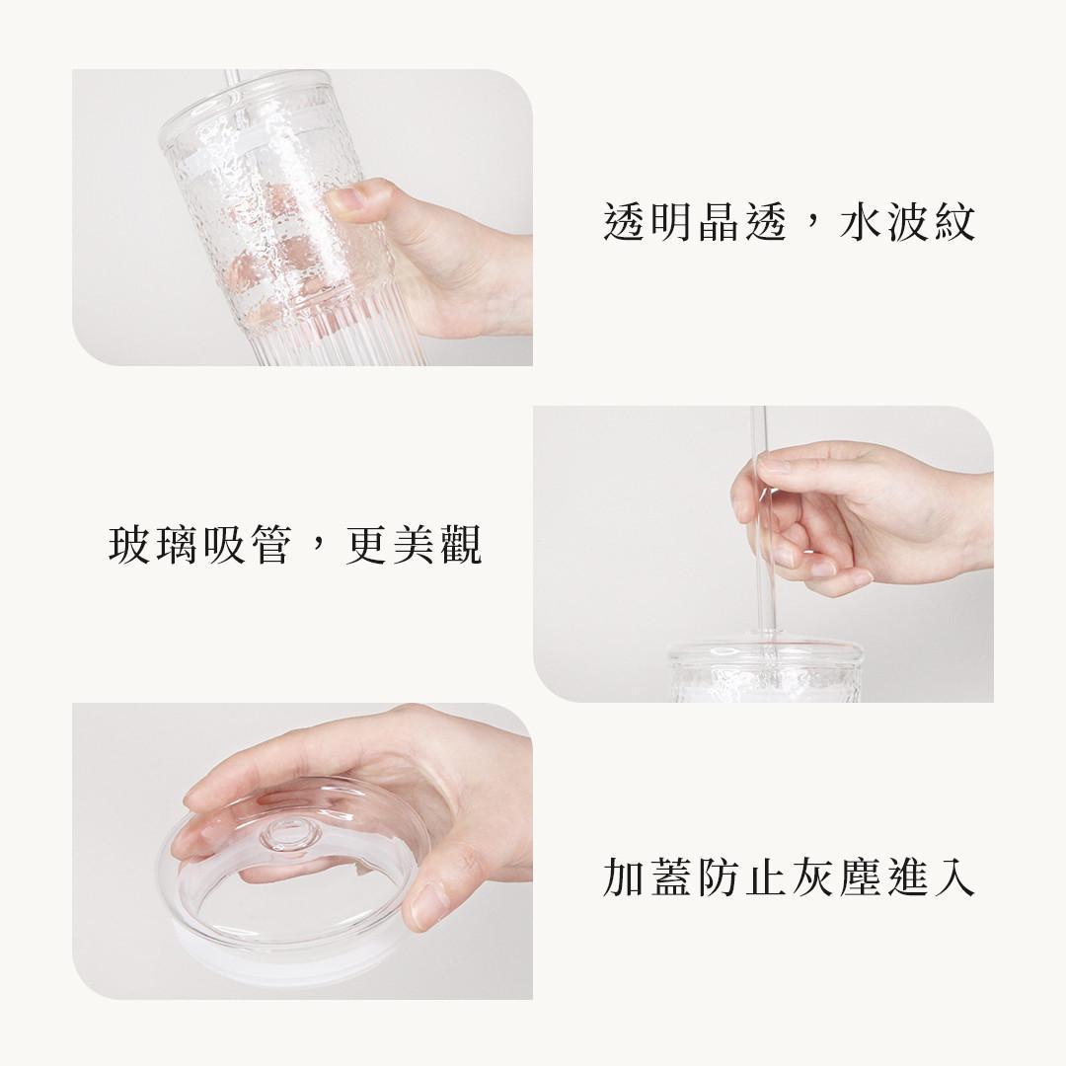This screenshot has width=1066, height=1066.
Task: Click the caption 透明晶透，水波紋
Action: pos(789,223)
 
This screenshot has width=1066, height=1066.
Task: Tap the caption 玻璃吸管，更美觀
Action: pos(295,545)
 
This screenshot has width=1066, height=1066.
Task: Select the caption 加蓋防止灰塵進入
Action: pos(789,877)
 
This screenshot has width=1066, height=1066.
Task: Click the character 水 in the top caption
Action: pos(860,223)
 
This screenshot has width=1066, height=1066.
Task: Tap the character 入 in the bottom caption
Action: pos(954,877)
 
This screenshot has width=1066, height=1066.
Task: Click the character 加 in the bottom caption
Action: pos(625,877)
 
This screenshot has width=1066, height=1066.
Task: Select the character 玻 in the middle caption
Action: pos(130,545)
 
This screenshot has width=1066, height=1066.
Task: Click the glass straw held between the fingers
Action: pos(763,533)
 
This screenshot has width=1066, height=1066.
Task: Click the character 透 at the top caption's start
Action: pos(625,223)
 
